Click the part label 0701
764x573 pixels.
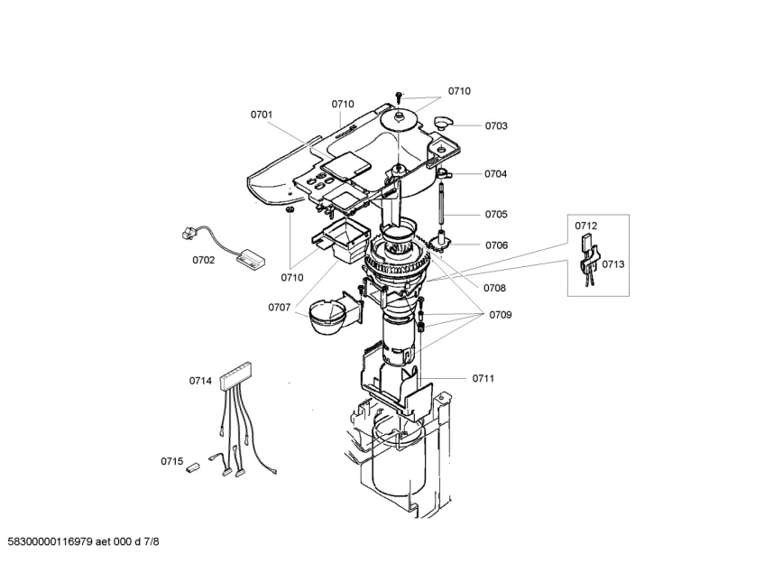[x=262, y=115]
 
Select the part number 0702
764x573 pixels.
[x=203, y=260]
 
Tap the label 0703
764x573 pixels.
[x=496, y=125]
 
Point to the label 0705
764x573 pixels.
[x=496, y=214]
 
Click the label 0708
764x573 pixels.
[x=494, y=288]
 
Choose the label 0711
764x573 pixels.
[x=483, y=378]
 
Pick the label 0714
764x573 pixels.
[x=200, y=381]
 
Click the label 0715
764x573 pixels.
[x=172, y=461]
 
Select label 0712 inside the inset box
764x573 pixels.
[x=585, y=226]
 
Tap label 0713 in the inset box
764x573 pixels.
[x=613, y=264]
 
